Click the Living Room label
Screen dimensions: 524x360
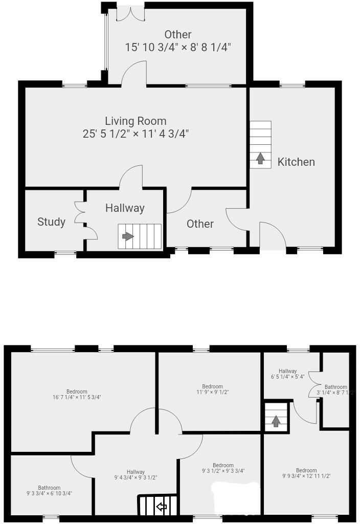coord(136,121)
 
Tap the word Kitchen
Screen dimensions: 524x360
coord(296,162)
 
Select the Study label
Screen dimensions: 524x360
coord(51,222)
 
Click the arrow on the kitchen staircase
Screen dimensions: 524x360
coord(260,159)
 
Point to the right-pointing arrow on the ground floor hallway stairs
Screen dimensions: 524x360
coord(127,236)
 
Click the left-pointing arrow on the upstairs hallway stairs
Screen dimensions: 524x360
coord(162,507)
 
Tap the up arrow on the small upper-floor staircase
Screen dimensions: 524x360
coord(276,421)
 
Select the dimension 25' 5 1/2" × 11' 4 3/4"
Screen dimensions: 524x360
coord(136,134)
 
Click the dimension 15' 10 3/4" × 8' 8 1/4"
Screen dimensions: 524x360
coord(178,47)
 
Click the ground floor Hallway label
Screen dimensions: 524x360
coord(125,208)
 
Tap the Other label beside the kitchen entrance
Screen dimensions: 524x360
coord(200,224)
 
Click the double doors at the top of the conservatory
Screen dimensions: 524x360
coord(130,13)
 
